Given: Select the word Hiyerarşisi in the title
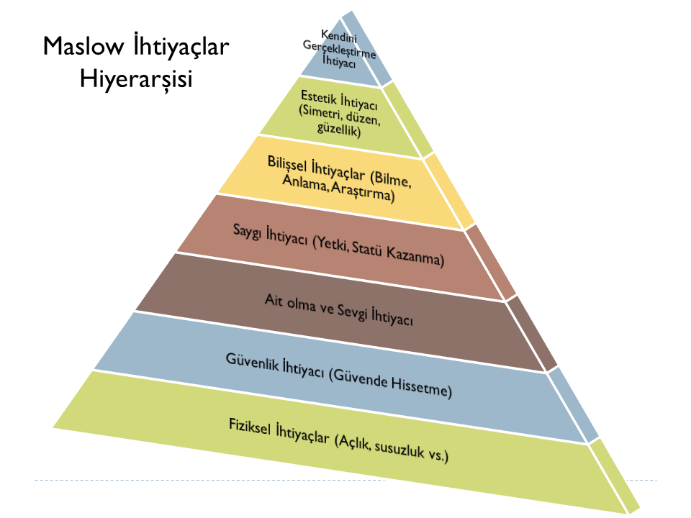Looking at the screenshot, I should point(136,79).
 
